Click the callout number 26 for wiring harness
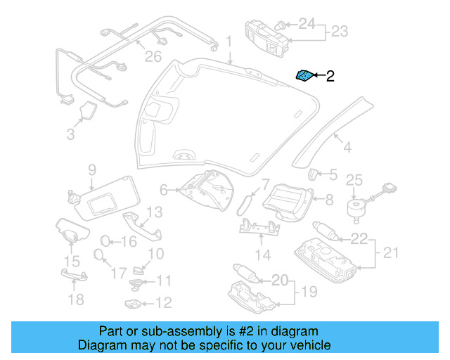coord(153,56)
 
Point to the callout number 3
coord(70,134)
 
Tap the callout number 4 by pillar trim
coord(346,147)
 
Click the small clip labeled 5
coord(314,174)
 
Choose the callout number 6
coord(164,189)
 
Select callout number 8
coord(329,199)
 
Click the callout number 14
coord(262,254)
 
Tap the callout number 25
coord(354,179)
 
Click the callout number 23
coord(340,32)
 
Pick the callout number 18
coord(75,300)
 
